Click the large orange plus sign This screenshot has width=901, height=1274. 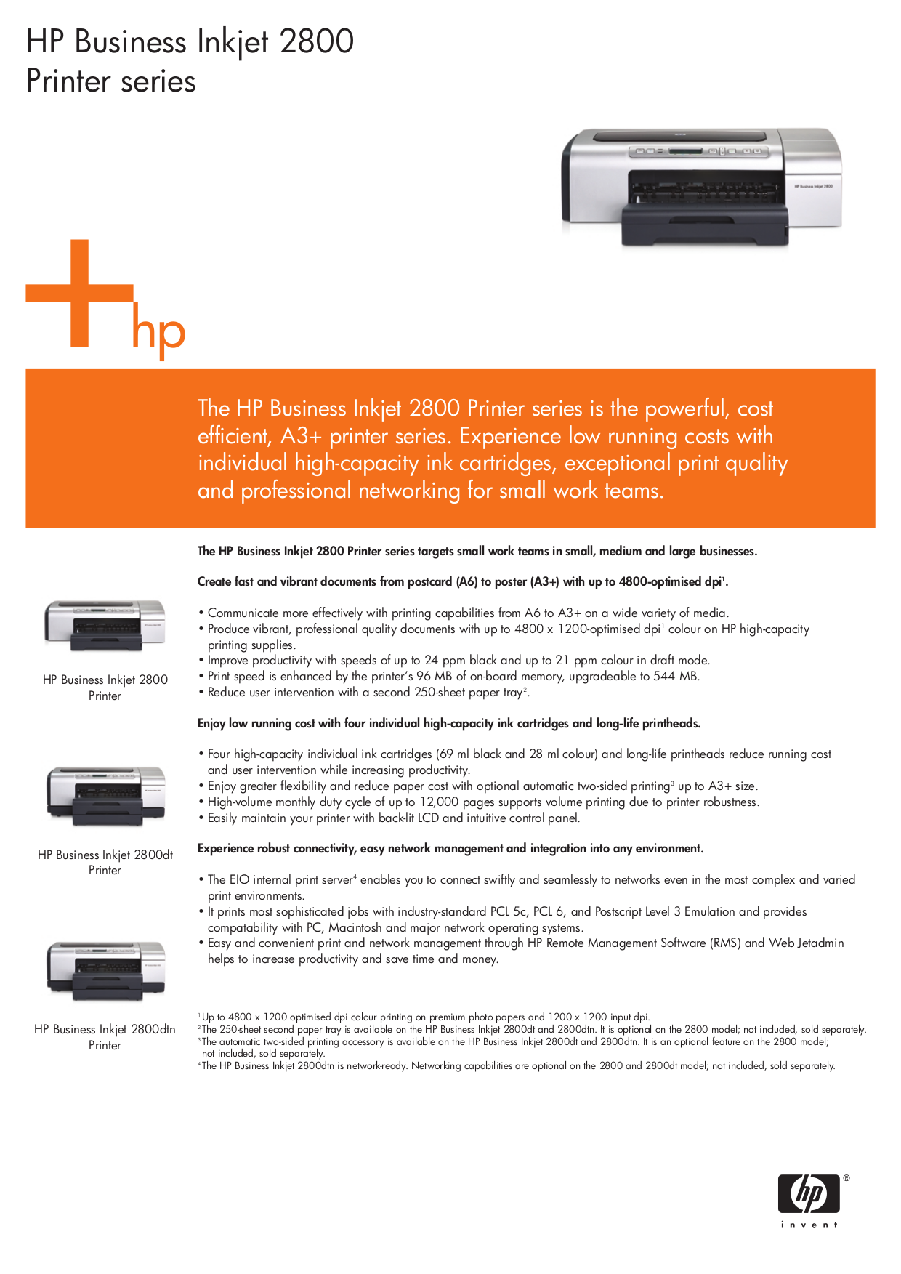coord(80,293)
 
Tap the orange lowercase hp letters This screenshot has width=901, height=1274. coord(158,332)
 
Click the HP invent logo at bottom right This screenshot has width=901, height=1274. coord(809,1201)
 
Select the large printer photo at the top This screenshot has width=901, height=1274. coord(700,186)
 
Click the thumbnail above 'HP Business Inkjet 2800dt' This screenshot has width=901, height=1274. coord(106,794)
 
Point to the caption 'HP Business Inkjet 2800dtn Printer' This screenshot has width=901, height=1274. coord(105,1037)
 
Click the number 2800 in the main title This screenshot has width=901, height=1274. coord(316,41)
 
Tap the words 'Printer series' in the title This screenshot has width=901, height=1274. coord(110,81)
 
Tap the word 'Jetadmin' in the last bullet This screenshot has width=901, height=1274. coord(820,943)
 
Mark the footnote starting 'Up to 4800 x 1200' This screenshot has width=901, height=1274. coord(426,1017)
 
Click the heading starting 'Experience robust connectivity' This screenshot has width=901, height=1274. coord(450,848)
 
